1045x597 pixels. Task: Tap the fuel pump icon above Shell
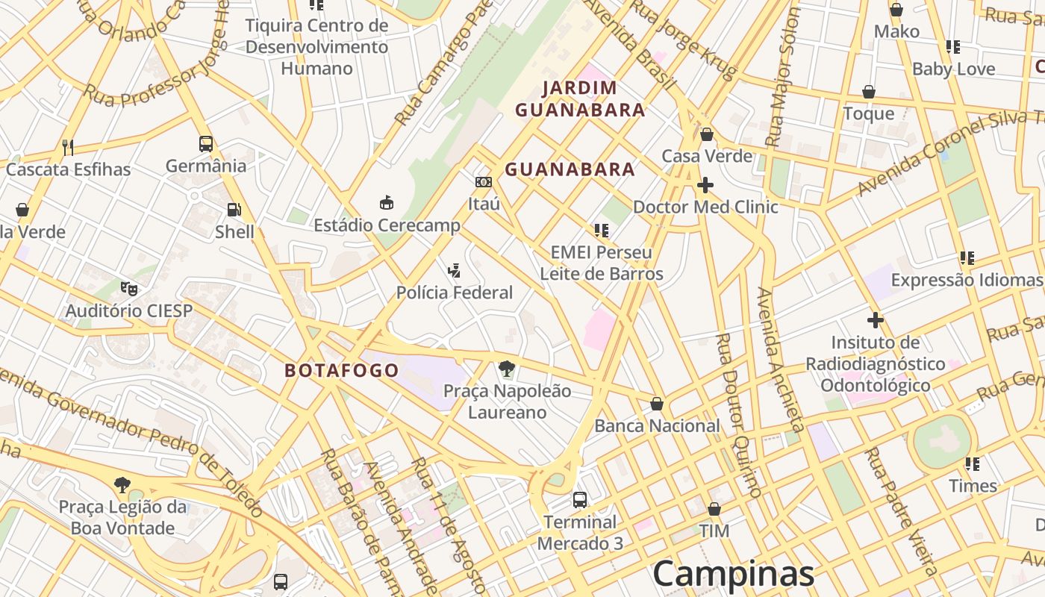pos(234,210)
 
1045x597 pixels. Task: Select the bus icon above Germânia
pos(206,143)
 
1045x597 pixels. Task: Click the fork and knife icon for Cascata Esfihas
pos(68,147)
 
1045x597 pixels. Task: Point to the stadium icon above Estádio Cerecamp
pos(387,202)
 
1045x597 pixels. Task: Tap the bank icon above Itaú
pos(484,182)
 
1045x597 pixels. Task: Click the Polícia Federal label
pos(455,293)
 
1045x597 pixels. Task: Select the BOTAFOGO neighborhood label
pos(342,370)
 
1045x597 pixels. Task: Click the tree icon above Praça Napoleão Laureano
pos(507,368)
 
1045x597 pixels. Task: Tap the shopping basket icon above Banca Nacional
pos(657,404)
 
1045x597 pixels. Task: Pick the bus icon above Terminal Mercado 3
pos(580,499)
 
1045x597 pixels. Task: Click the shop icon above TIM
pos(714,509)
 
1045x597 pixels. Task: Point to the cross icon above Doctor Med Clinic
pos(705,184)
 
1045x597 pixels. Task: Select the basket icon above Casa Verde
pos(707,134)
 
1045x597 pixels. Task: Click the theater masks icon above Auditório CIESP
pos(129,287)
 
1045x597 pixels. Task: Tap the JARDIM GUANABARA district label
pos(580,99)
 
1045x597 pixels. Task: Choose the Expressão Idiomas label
pos(967,280)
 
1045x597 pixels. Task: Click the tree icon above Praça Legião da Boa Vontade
pos(122,485)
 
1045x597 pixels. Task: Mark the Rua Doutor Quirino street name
pos(737,415)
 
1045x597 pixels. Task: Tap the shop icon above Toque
pos(869,92)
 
